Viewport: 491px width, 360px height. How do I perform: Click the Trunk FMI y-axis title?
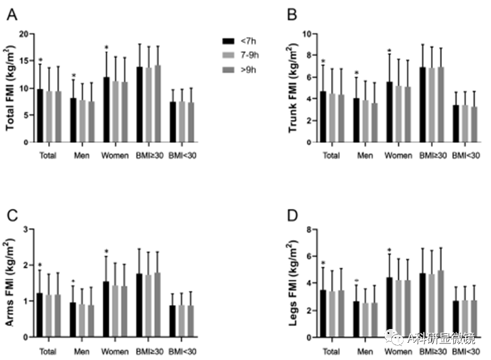[292, 88]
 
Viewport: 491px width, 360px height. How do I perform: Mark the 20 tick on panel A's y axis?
[24, 34]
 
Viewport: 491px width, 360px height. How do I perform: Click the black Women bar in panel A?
[106, 109]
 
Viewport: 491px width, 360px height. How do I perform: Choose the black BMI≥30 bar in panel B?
[422, 105]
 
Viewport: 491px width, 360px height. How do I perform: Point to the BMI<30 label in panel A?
[182, 156]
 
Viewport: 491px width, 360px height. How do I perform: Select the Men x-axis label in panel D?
[365, 351]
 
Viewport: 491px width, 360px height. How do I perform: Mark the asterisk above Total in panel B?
[323, 61]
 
